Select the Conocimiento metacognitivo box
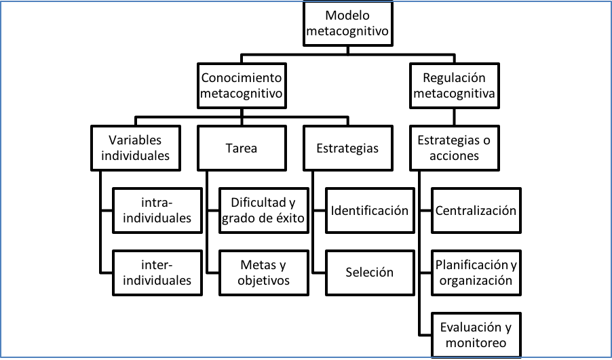coord(241,85)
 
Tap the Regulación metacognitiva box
coord(454,85)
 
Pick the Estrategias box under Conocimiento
coord(348,148)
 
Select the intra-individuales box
coord(157,210)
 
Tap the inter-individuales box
coord(157,273)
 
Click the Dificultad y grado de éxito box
coord(263,210)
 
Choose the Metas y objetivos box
coord(263,273)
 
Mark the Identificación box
coord(369,210)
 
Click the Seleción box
coord(369,273)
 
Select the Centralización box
coord(476,210)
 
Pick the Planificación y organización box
coord(476,273)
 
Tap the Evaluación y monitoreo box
coord(476,335)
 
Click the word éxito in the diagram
coord(292,218)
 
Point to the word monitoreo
coord(476,343)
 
